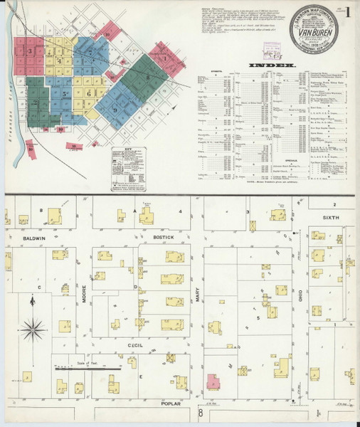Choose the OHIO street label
(301, 293)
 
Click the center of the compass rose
(33, 328)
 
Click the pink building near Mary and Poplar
(212, 383)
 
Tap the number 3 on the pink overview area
(29, 51)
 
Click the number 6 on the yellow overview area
(88, 93)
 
